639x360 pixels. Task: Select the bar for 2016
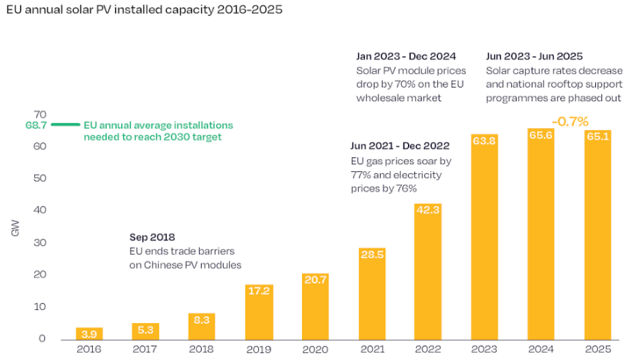tap(89, 334)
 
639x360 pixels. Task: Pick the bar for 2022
tap(428, 272)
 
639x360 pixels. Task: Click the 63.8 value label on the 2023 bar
tap(485, 140)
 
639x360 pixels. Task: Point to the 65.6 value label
tap(542, 134)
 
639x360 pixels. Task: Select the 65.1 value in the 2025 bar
tap(598, 136)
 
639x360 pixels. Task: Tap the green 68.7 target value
tap(35, 126)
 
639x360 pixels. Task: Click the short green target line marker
tap(65, 126)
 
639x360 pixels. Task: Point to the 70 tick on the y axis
tap(39, 114)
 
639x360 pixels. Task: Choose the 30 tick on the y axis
tap(39, 243)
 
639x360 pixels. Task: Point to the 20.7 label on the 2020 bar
tap(315, 278)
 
